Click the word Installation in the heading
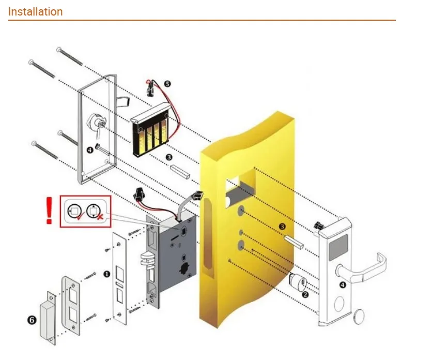point(36,11)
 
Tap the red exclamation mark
point(50,211)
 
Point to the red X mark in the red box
point(100,219)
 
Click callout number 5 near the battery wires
point(167,83)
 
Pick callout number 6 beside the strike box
point(32,320)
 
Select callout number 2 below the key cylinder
point(305,294)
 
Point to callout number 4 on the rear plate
point(90,150)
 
